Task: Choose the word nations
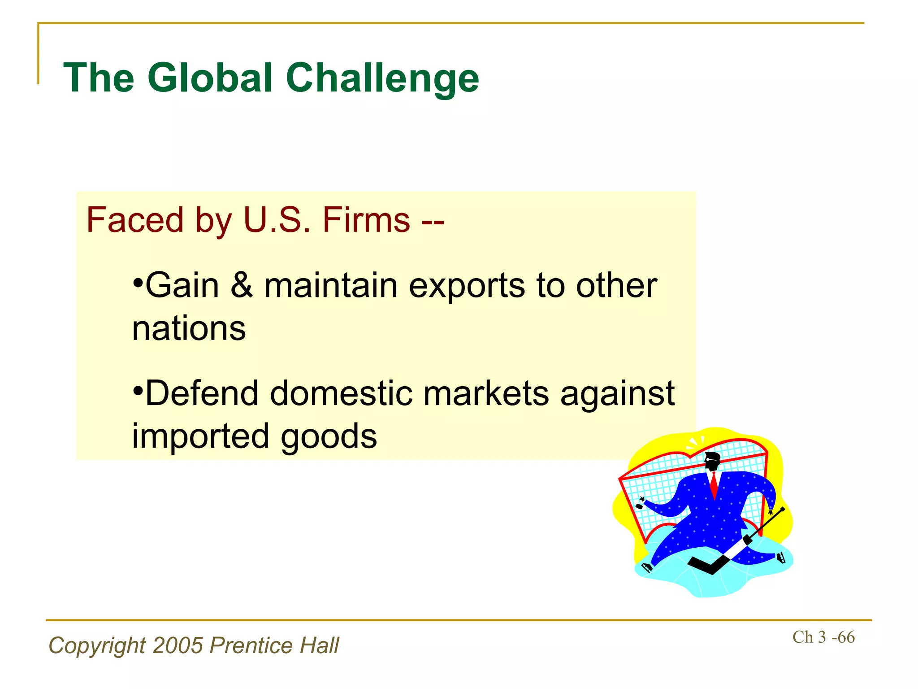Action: tap(189, 328)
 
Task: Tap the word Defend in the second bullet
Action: tap(202, 393)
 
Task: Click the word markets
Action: tap(486, 393)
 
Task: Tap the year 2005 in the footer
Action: tap(178, 645)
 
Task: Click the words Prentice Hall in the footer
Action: tap(274, 645)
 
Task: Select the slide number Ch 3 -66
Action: tap(823, 637)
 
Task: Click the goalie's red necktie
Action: tap(714, 485)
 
